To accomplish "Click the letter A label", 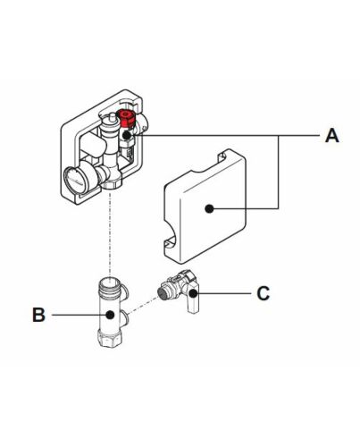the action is pos(332,136).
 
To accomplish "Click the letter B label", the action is pos(38,315).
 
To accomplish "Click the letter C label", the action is pos(264,293).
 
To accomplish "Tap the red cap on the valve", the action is pos(126,118).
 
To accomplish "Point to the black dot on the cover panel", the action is pos(209,208).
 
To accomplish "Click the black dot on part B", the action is pos(111,315).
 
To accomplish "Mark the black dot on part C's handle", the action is pos(193,293).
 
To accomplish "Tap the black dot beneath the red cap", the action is pos(127,135).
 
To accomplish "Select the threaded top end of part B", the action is pos(110,284).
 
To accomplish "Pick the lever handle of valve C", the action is pos(192,298).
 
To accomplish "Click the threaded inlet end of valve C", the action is pos(163,291).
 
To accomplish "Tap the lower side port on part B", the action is pos(125,317).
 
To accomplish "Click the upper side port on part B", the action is pos(125,291).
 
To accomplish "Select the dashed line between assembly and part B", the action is pos(111,235).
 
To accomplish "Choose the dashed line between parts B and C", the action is pos(142,305).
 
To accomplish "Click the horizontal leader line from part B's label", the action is pos(79,315).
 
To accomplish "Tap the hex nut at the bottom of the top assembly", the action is pos(113,184).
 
